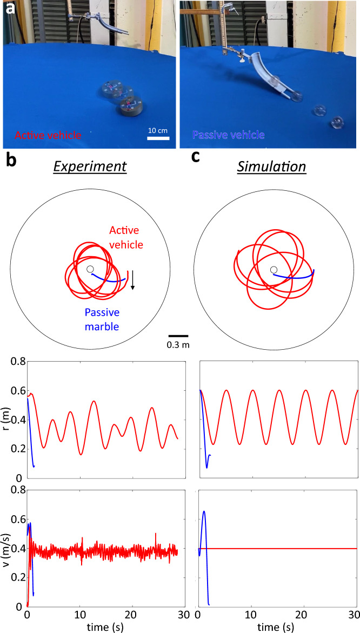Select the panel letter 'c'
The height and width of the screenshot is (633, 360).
[198, 161]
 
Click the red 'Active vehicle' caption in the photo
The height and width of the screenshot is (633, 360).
[48, 135]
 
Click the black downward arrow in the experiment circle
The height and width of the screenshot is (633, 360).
[133, 280]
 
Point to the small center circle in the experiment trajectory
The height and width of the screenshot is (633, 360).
[90, 269]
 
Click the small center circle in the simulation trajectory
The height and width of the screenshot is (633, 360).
[274, 270]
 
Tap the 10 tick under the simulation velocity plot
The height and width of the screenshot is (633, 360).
[251, 614]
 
